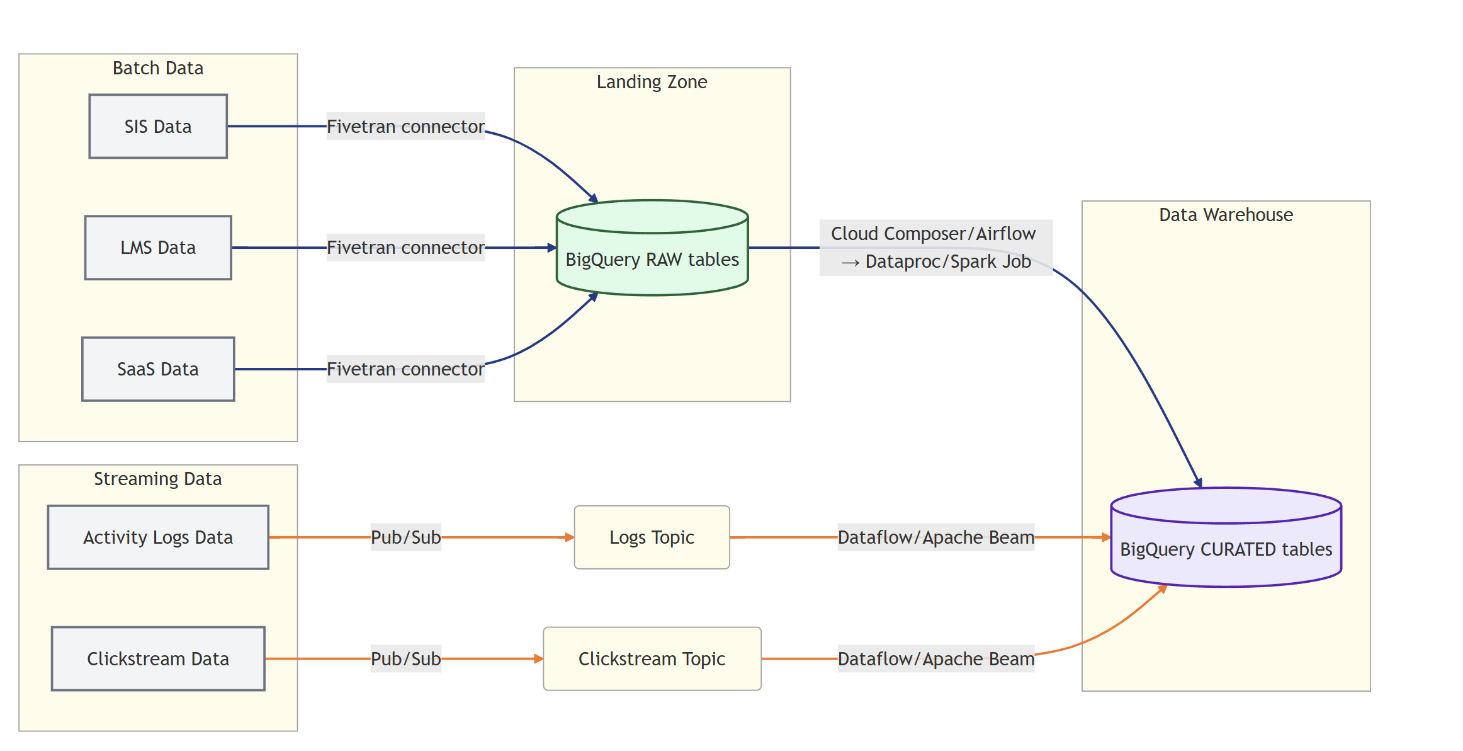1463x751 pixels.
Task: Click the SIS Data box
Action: coord(158,126)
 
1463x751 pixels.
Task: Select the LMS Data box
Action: coord(158,248)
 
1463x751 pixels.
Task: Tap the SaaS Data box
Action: coord(158,369)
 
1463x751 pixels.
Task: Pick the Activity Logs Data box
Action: coord(158,537)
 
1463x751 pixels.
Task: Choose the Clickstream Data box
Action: coord(158,659)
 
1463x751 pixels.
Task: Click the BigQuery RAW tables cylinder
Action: coord(652,258)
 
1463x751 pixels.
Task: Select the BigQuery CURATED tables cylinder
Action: coord(1226,548)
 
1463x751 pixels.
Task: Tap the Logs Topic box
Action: coord(652,537)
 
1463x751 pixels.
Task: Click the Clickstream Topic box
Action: coord(652,659)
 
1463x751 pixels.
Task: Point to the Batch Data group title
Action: coord(158,68)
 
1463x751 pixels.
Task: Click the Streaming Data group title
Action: coord(158,479)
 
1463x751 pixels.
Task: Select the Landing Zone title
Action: coord(652,82)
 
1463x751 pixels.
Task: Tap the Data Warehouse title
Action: coord(1226,215)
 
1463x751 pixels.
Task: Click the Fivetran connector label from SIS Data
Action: coord(405,126)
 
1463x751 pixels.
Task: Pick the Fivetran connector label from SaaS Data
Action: coord(405,369)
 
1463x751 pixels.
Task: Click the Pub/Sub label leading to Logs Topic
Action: coord(405,537)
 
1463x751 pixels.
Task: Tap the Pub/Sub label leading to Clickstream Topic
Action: coord(405,659)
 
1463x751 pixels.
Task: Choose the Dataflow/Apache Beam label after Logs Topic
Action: coord(935,537)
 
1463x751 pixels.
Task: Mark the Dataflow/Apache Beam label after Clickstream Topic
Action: coord(935,659)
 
